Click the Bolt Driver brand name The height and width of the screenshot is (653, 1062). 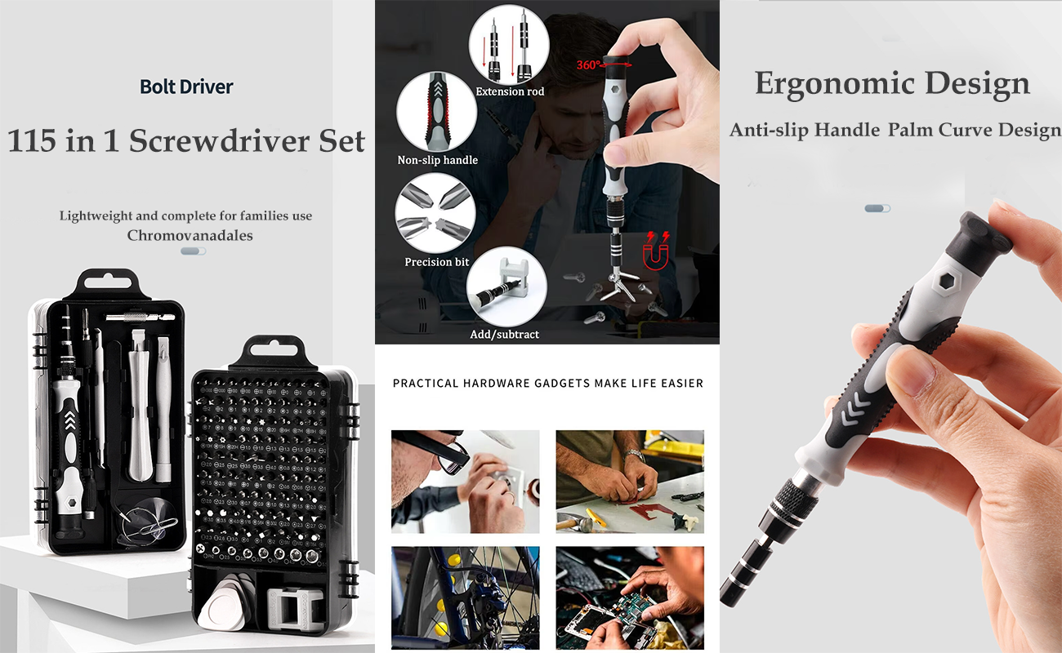tap(186, 87)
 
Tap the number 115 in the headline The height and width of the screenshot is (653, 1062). tap(32, 140)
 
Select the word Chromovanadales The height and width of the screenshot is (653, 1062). tap(190, 236)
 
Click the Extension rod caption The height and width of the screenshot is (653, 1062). tap(510, 91)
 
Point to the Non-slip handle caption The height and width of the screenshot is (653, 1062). tap(437, 160)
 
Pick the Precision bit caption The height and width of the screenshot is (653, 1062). tap(437, 262)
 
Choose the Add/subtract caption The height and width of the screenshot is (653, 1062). tap(505, 335)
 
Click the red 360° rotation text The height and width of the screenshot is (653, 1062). tap(588, 64)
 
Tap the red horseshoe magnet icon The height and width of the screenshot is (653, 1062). tap(656, 252)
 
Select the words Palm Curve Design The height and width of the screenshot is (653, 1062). tap(975, 130)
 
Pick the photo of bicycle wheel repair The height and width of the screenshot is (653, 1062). tap(465, 598)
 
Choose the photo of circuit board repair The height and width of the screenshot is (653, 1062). tap(630, 598)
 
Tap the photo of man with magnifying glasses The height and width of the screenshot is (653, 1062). tap(465, 482)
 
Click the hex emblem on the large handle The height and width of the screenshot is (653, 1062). tap(947, 282)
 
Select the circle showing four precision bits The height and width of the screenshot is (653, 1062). tap(435, 213)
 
